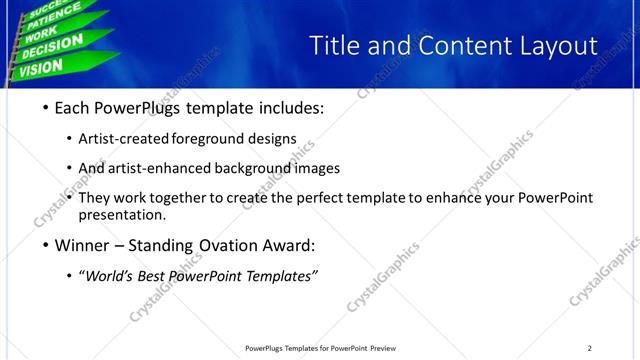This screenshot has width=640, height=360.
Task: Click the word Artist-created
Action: (x=124, y=139)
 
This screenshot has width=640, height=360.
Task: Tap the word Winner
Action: (x=85, y=245)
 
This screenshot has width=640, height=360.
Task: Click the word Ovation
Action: (x=231, y=245)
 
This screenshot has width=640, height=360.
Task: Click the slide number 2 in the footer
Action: (x=589, y=348)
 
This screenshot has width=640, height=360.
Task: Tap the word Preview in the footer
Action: (x=389, y=348)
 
